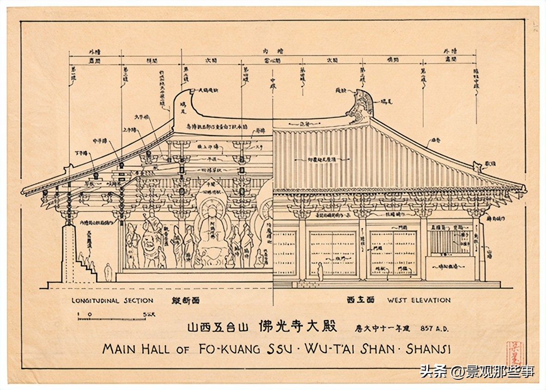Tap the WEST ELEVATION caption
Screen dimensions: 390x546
(x=419, y=300)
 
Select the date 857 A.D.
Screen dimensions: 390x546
(x=434, y=329)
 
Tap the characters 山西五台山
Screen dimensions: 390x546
(x=218, y=328)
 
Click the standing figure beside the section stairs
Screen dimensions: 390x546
(x=108, y=272)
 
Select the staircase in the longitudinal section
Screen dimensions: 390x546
(x=85, y=270)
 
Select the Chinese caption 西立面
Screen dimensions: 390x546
(x=360, y=300)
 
